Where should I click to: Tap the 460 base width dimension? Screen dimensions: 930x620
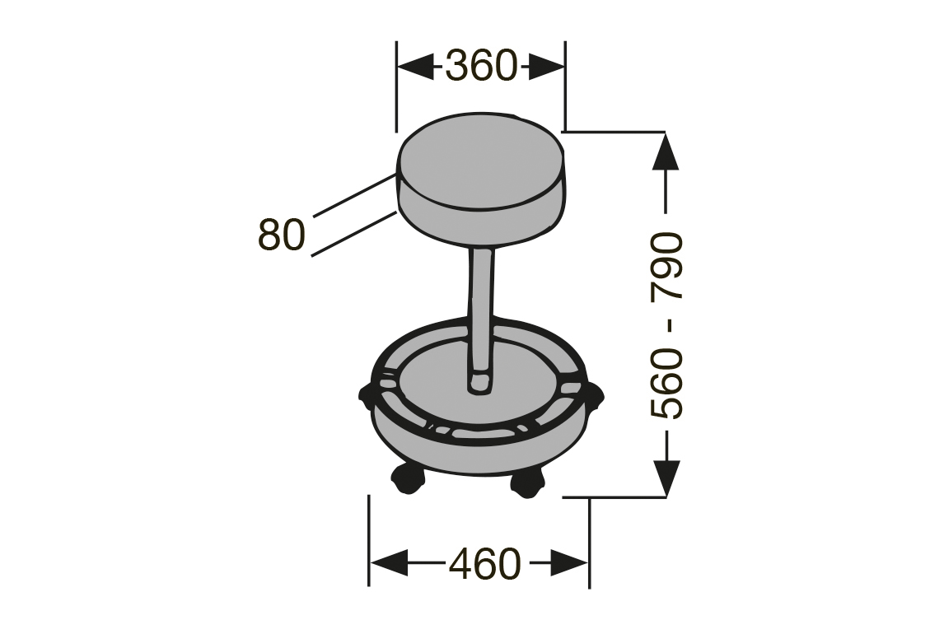point(484,564)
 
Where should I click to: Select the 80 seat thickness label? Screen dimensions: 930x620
point(282,234)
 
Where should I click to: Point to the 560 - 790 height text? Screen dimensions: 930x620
point(666,325)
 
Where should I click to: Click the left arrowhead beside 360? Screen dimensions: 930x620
point(416,66)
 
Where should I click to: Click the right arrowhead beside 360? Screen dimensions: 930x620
point(545,66)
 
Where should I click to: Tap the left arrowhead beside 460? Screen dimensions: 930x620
point(389,562)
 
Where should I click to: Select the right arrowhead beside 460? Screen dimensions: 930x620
point(570,562)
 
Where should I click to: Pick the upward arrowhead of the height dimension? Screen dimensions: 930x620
point(666,152)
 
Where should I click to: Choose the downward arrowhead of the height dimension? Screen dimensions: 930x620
point(666,478)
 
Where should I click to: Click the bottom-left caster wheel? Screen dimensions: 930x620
point(408,479)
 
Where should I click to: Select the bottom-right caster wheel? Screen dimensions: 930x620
point(526,483)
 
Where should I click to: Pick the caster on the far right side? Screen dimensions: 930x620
point(595,396)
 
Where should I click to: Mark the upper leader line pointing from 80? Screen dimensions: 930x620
point(354,195)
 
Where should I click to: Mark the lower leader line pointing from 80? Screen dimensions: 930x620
point(354,234)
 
